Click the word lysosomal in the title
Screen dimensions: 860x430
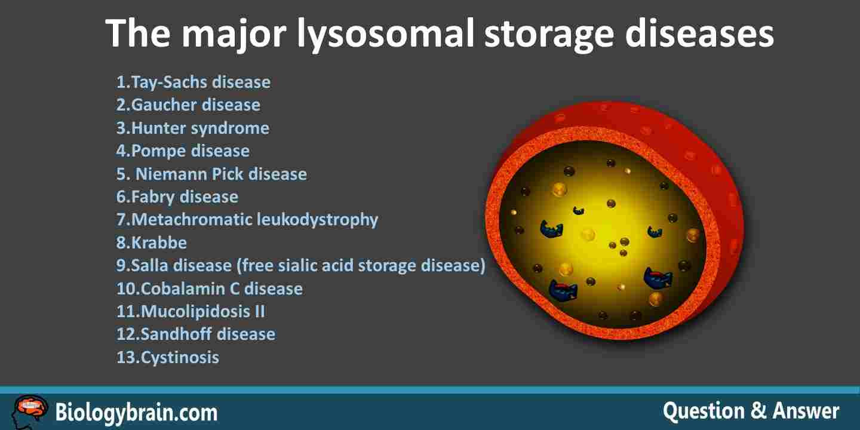point(385,35)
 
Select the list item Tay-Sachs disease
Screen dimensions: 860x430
point(193,82)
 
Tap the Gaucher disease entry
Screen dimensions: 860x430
point(188,105)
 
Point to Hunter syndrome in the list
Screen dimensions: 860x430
point(193,128)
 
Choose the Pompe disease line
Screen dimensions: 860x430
point(183,151)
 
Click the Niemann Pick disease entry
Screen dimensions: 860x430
point(211,174)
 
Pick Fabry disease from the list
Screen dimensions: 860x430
point(177,197)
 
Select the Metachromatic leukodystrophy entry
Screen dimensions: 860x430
point(247,220)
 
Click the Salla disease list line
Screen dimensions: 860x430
point(301,266)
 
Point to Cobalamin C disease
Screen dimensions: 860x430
point(210,288)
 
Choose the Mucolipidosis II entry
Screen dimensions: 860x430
point(191,311)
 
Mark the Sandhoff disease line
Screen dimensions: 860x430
point(196,334)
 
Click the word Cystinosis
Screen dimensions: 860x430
point(180,357)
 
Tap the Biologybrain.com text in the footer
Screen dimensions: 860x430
point(136,413)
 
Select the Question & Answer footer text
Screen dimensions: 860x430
point(751,411)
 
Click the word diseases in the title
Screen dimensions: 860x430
point(699,34)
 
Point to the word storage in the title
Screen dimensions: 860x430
point(549,36)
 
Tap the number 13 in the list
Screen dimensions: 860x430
point(125,357)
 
